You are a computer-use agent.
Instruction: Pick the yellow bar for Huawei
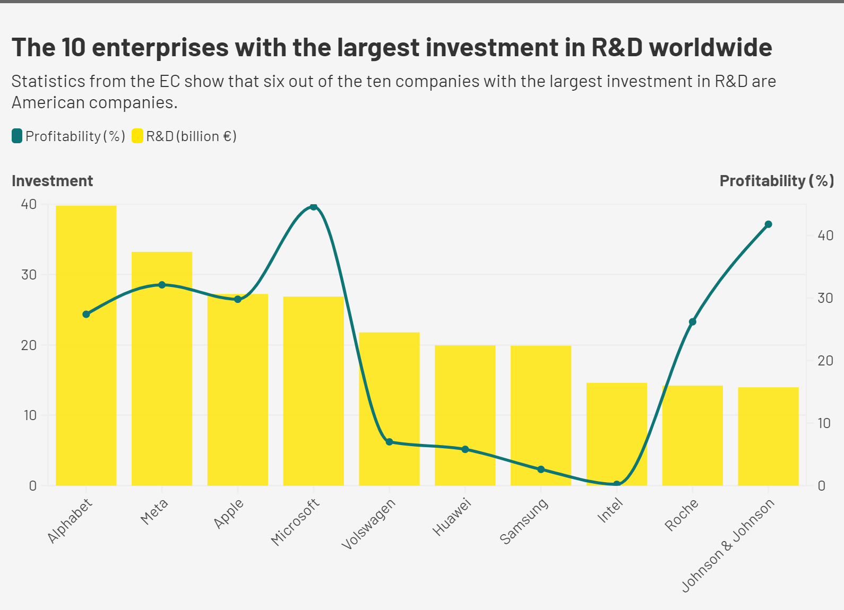(x=465, y=403)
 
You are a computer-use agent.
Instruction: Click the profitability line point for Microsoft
(x=313, y=206)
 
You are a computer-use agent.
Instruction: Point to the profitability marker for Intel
(x=617, y=484)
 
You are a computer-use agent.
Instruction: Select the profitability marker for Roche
(x=692, y=322)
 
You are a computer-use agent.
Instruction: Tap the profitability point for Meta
(x=162, y=285)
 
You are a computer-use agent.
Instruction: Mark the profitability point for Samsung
(x=541, y=469)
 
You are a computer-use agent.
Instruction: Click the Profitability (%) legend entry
(x=68, y=136)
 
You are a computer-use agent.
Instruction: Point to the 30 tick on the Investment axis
(x=29, y=275)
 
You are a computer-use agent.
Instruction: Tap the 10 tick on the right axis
(x=824, y=423)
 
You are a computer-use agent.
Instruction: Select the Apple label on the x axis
(x=229, y=513)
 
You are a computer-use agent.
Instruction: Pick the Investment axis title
(x=52, y=181)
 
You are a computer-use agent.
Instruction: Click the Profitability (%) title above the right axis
(x=777, y=181)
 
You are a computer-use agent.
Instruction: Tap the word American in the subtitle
(x=48, y=102)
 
